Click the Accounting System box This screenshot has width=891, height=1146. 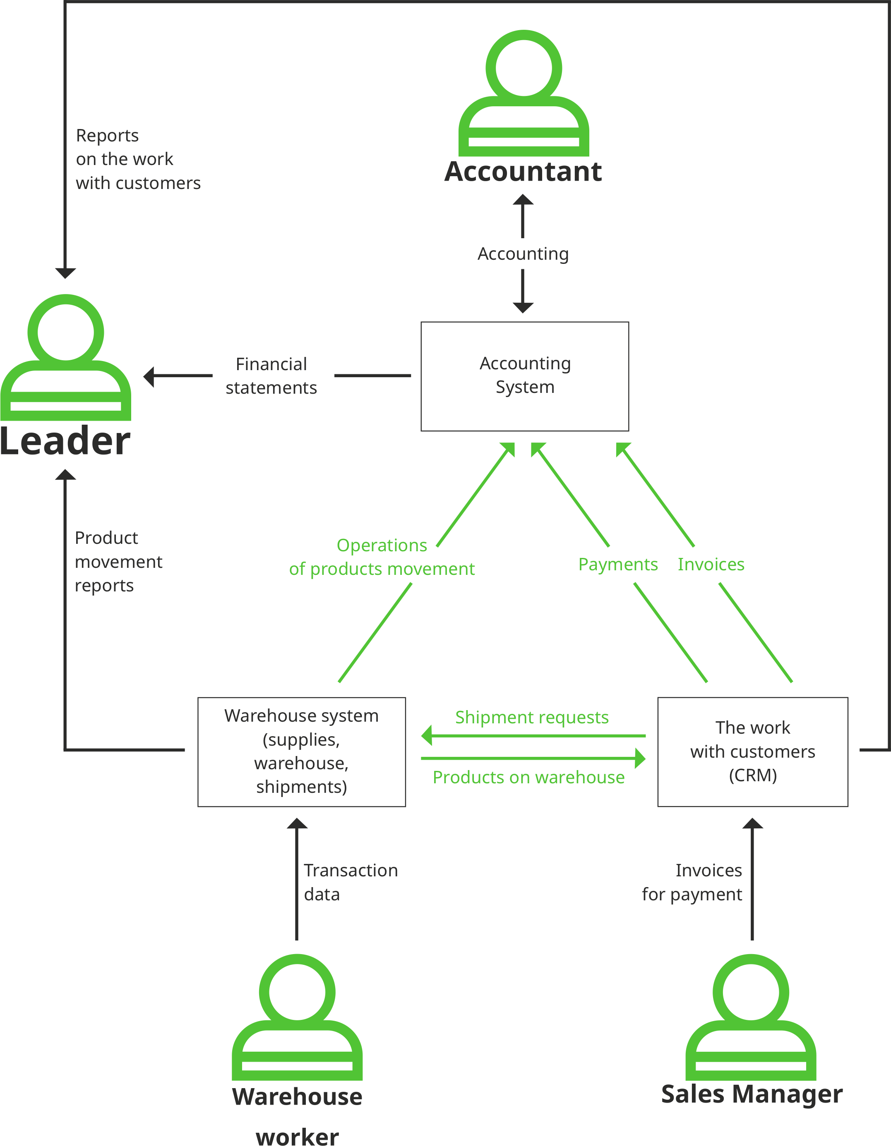pos(524,376)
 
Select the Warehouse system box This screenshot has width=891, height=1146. pos(301,751)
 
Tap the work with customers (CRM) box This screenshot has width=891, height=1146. pos(752,751)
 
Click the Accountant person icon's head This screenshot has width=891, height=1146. pos(524,68)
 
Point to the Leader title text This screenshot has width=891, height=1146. pos(65,441)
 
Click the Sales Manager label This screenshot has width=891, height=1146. pos(752,1095)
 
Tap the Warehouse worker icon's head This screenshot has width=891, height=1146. pos(297,992)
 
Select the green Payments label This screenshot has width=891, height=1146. pos(617,564)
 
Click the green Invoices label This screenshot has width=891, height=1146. pos(711,564)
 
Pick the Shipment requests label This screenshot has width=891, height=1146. pos(531,717)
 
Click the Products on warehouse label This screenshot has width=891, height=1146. pos(528,777)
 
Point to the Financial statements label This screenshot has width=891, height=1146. pos(271,376)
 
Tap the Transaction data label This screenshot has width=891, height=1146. pos(350,882)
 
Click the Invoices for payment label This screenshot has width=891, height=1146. pos(692,882)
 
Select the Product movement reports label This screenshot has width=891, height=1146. pos(118,562)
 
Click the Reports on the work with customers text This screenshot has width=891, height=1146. pos(137,159)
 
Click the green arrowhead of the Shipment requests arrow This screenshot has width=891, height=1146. pos(426,736)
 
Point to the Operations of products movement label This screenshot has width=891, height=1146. pos(382,557)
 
